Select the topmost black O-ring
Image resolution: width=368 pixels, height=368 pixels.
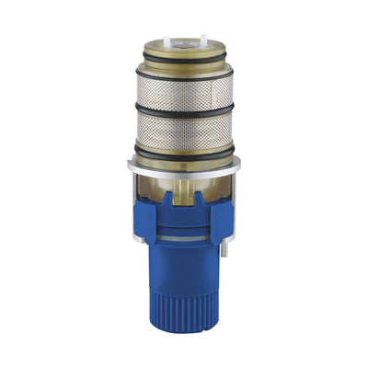click(x=183, y=69)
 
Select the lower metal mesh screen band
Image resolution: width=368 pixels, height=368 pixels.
click(x=183, y=129)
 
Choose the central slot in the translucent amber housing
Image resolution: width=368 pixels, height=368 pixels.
click(x=183, y=193)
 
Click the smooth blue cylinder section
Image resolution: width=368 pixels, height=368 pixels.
click(x=183, y=276)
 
